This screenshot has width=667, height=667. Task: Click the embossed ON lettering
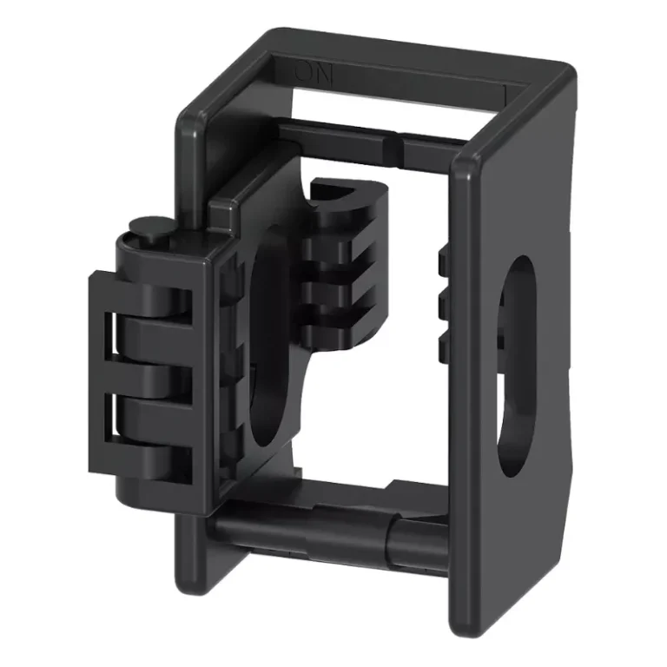pyautogui.click(x=314, y=73)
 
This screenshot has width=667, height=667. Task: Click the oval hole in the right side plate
pyautogui.click(x=516, y=365)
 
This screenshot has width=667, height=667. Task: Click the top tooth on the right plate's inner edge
pyautogui.click(x=444, y=259)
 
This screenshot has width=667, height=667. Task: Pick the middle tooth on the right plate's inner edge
pyautogui.click(x=444, y=304)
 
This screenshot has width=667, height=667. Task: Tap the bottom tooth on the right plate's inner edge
pyautogui.click(x=444, y=347)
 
